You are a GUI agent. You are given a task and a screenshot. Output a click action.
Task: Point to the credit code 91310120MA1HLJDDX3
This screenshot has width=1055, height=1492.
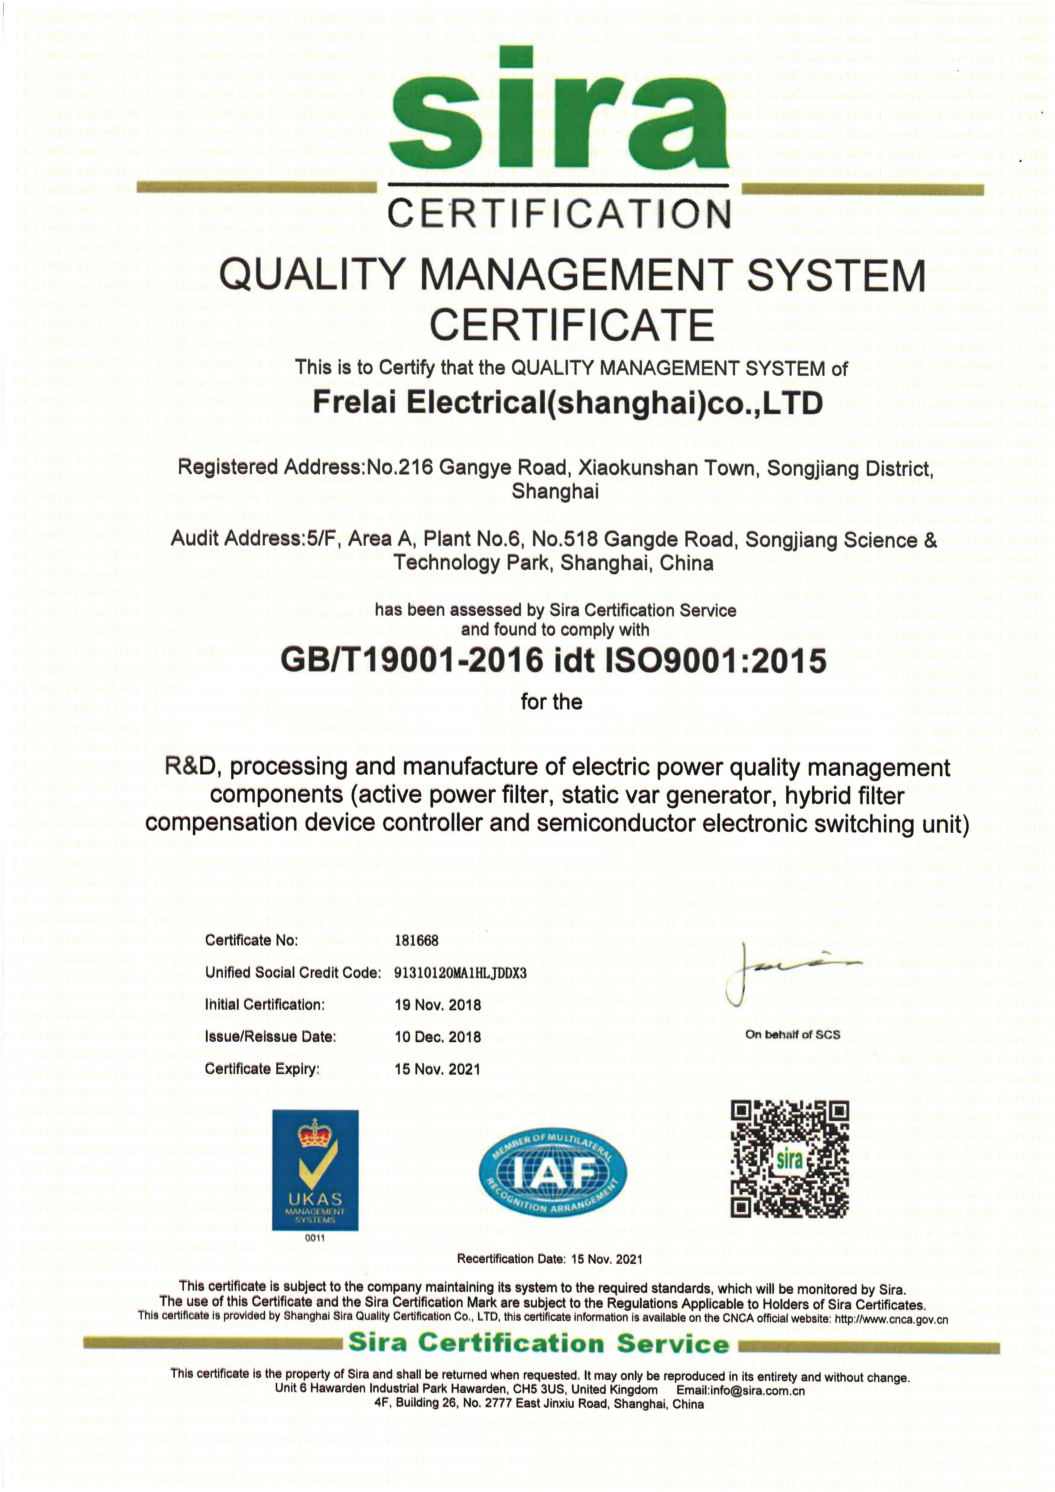point(460,973)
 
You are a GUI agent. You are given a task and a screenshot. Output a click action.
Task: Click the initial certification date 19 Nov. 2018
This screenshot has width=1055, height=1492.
point(437,1005)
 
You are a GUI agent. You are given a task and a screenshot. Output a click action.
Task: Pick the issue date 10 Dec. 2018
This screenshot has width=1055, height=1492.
point(437,1036)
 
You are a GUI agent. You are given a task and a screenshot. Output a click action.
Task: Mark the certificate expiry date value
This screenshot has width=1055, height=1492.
point(437,1069)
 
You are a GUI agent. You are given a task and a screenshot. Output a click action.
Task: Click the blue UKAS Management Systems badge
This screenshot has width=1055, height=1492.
point(315,1170)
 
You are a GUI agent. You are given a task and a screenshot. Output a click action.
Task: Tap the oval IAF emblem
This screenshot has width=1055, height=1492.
point(553,1173)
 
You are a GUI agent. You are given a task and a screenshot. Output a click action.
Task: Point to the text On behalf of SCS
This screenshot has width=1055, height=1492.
point(793,1034)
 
